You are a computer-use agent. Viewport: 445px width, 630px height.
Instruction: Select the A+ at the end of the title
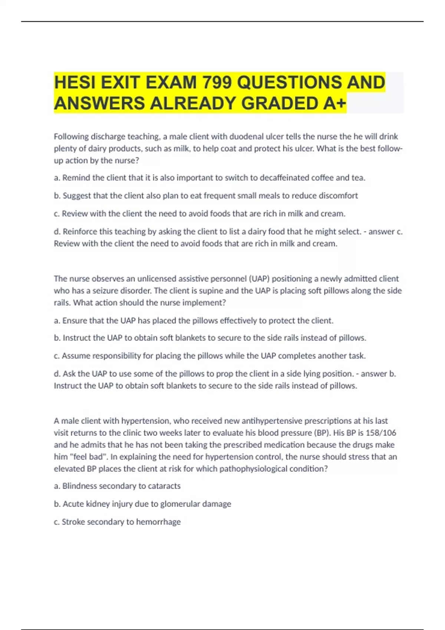point(334,103)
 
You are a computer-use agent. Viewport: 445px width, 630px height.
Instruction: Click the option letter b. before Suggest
point(57,196)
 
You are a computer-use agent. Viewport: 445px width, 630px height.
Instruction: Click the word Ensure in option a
point(74,321)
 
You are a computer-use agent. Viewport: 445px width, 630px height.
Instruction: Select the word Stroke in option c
point(72,522)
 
